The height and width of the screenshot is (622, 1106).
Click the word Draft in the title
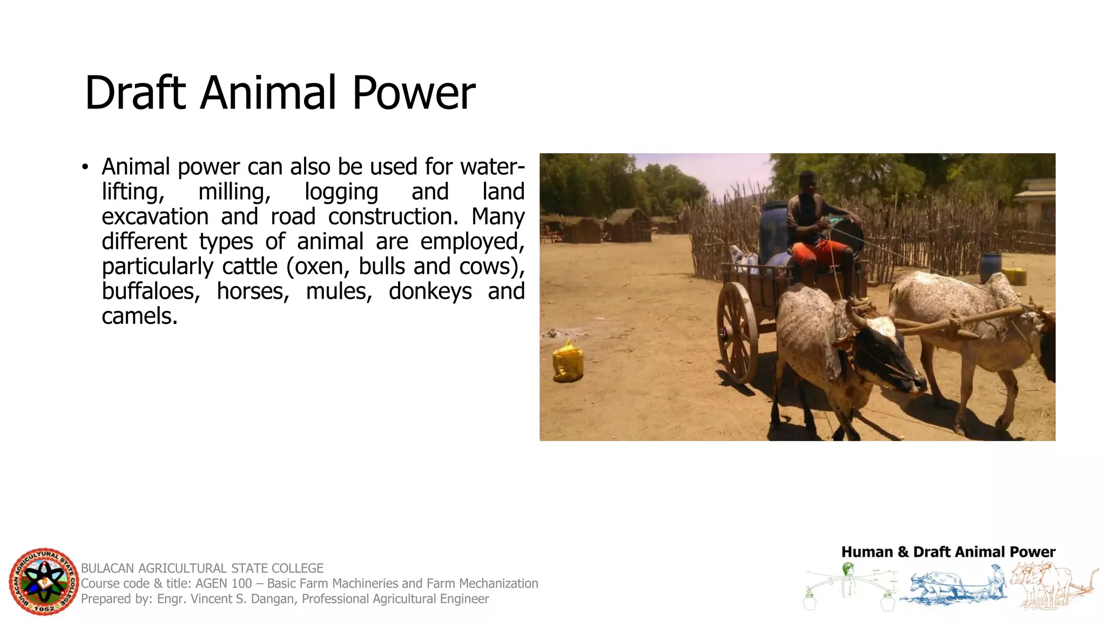pos(136,93)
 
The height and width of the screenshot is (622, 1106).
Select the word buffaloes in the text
pos(151,292)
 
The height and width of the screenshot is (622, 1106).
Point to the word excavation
pos(155,217)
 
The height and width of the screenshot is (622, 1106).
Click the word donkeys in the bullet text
pos(430,292)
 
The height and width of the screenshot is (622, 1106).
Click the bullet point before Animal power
pos(85,167)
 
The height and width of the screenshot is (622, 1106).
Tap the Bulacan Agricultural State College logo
pos(43,582)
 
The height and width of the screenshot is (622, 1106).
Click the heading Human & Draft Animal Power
pos(948,552)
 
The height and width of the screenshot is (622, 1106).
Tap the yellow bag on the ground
pos(568,362)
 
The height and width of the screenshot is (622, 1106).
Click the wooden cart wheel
pos(737,332)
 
